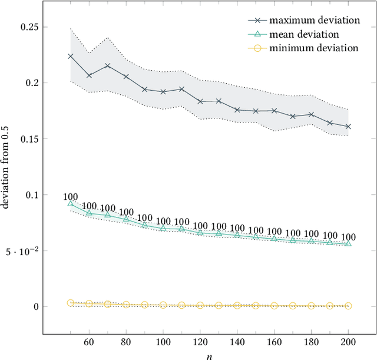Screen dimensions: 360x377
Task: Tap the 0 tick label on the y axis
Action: click(x=36, y=307)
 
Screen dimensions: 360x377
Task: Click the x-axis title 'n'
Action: click(x=209, y=355)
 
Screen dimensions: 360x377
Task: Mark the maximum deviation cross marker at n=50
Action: click(x=71, y=56)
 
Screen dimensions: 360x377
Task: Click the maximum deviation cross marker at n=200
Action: click(x=348, y=126)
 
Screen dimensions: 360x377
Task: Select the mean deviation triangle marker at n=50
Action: click(x=71, y=204)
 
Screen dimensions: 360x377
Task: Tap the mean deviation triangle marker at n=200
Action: click(x=348, y=243)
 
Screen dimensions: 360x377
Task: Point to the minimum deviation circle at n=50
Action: click(x=71, y=303)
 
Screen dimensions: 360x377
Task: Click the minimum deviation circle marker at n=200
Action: click(x=348, y=306)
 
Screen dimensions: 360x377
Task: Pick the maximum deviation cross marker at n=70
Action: click(x=107, y=65)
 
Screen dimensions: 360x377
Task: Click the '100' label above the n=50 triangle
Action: click(x=71, y=196)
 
